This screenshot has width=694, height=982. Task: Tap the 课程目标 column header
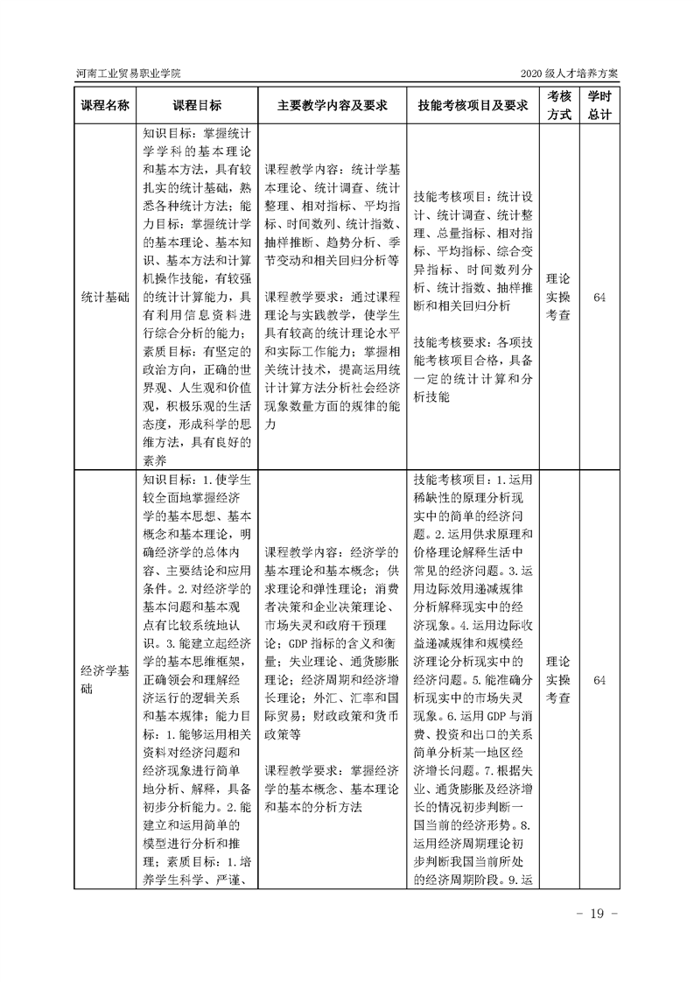tap(197, 105)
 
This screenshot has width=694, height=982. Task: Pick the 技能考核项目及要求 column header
tap(473, 105)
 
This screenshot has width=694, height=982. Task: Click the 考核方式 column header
tap(559, 104)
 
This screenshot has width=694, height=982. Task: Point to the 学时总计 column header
tap(599, 104)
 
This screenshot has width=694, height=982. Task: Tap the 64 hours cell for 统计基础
tap(599, 298)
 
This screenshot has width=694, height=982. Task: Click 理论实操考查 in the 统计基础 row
tap(559, 298)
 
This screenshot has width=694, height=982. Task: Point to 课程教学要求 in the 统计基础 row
tap(299, 298)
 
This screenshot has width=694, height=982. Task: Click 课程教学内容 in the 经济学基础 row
tap(299, 553)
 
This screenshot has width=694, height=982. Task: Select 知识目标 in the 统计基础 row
tap(171, 136)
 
